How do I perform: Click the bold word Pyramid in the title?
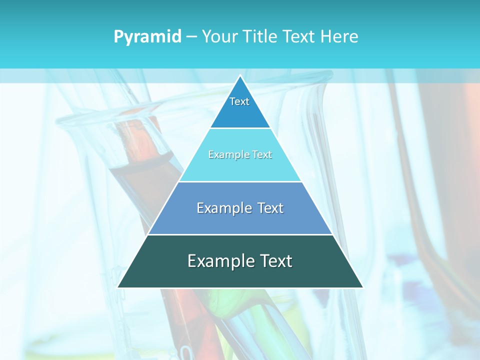click(x=147, y=36)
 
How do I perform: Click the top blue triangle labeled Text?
click(x=240, y=107)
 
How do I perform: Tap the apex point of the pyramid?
click(x=240, y=75)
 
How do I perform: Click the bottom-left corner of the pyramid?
click(x=118, y=287)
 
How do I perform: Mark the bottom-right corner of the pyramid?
click(x=362, y=287)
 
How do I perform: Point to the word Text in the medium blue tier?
click(x=270, y=208)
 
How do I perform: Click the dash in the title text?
click(x=191, y=37)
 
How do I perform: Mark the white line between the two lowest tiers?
click(x=240, y=234)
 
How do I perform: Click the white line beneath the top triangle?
click(x=240, y=128)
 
